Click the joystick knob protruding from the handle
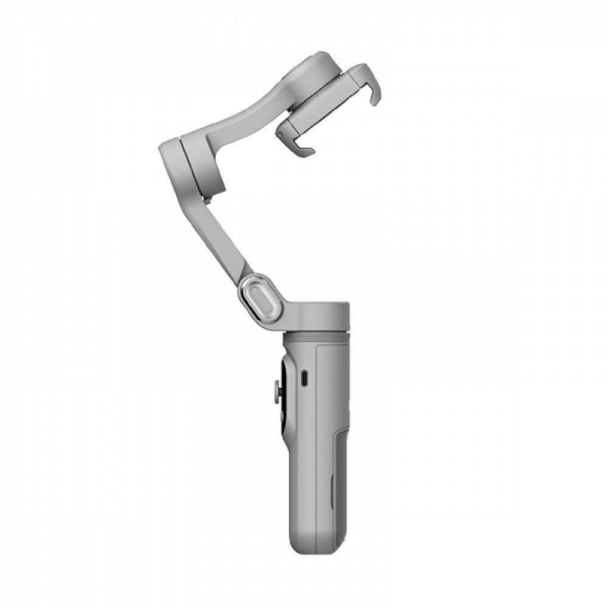pos(277,392)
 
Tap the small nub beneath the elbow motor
pos(207,199)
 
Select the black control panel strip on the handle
pos(285,395)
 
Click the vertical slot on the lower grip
pos(332,492)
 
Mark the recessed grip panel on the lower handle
pos(340,486)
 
